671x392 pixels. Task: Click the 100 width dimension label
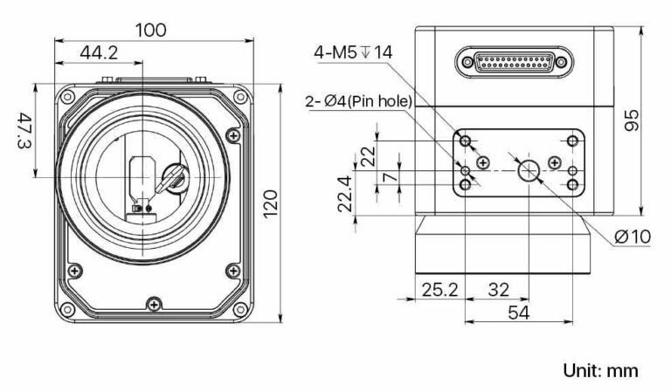click(151, 31)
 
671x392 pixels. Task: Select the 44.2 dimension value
click(99, 52)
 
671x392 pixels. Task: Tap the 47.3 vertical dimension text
click(24, 130)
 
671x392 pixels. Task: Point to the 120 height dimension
click(270, 204)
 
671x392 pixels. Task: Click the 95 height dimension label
click(631, 120)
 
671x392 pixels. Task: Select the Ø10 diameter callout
click(633, 237)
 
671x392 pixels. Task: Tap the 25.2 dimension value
click(440, 290)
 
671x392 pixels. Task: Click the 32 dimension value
click(499, 290)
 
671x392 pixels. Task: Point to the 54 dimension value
click(519, 313)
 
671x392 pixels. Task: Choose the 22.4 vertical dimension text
click(345, 194)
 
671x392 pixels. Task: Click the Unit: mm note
click(600, 370)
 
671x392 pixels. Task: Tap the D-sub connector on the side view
click(514, 62)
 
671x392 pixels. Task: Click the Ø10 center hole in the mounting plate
click(529, 171)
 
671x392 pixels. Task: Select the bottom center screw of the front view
click(154, 305)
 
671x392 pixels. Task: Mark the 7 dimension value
click(390, 176)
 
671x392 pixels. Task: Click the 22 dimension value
click(368, 156)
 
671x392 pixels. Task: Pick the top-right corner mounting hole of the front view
click(240, 97)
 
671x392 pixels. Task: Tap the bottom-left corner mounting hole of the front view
click(67, 309)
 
